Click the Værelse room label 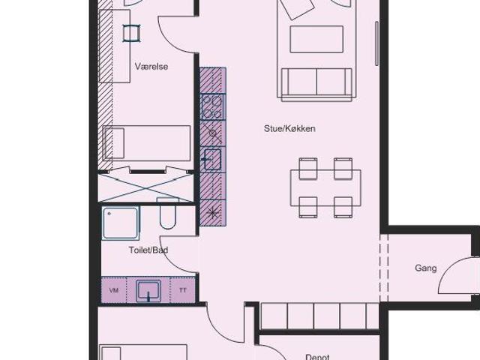151,67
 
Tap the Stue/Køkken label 289,128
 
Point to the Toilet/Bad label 148,250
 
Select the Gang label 425,268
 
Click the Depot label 317,357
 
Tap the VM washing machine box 114,290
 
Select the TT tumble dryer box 183,290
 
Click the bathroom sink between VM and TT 148,290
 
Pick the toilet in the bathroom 168,213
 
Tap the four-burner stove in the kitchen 213,106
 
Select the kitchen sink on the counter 212,159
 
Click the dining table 325,188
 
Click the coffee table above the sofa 316,39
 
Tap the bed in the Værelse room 147,143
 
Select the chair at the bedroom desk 132,33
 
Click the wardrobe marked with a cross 145,188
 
